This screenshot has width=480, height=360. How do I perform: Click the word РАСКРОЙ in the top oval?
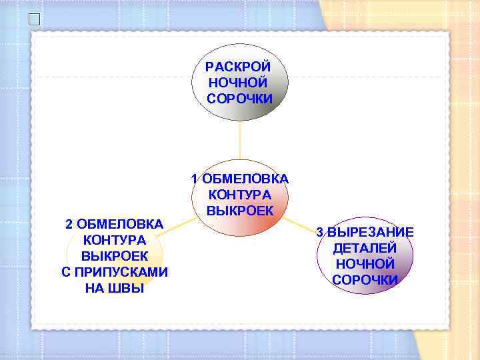pos(238,67)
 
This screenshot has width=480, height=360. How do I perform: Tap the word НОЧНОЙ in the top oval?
pos(238,83)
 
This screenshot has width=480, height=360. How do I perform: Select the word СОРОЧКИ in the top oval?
pos(239,99)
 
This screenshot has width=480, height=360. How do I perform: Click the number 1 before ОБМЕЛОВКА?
pos(194,179)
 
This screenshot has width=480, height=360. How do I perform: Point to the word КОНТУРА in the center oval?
pos(240,195)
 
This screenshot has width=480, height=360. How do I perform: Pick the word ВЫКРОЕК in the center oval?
pos(240,211)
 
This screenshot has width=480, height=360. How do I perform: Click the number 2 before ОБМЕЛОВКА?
pos(69,224)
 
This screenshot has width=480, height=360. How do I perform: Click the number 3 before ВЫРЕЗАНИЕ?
pos(319,232)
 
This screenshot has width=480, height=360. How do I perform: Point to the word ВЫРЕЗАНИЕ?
pos(371,232)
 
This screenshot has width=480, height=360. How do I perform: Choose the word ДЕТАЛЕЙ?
pos(365,248)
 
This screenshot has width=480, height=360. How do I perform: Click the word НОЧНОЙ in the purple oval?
pos(365,264)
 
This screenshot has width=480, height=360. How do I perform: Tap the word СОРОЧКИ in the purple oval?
pos(365,280)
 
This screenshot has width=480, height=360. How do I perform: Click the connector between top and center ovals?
pos(240,140)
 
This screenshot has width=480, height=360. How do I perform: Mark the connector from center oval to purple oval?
pos(299,226)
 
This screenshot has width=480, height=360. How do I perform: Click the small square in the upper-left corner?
pos(34,19)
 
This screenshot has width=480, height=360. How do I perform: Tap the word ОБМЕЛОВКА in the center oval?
pos(245,179)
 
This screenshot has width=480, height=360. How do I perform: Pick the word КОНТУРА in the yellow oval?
pos(115,240)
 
